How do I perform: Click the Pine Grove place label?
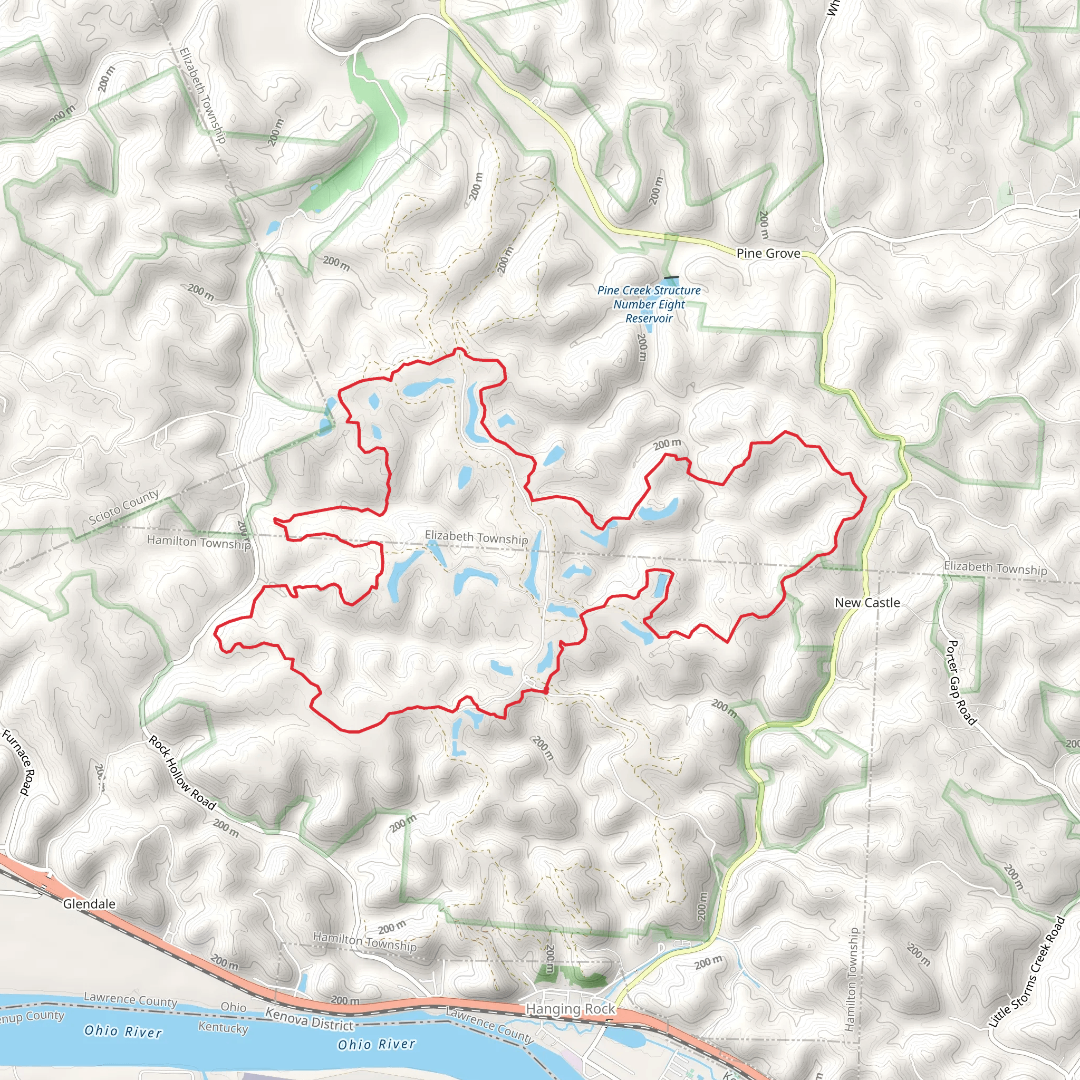(x=768, y=253)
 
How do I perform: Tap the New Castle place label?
(x=867, y=603)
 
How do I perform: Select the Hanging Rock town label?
(x=570, y=1009)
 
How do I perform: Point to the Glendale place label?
(x=89, y=904)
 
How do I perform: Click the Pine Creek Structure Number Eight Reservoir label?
(x=649, y=304)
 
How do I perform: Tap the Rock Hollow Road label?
(x=182, y=773)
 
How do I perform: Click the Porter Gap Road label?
(x=960, y=683)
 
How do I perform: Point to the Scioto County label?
(x=124, y=506)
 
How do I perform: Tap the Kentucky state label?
(x=223, y=1027)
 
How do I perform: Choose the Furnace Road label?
(x=19, y=762)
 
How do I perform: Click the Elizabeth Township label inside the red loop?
(x=476, y=537)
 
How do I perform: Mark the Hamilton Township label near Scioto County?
(x=198, y=542)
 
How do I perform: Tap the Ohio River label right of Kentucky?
(x=376, y=1044)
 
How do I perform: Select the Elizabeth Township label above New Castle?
(x=995, y=568)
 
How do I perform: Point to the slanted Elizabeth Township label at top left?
(x=202, y=95)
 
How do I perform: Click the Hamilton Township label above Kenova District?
(x=364, y=942)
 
